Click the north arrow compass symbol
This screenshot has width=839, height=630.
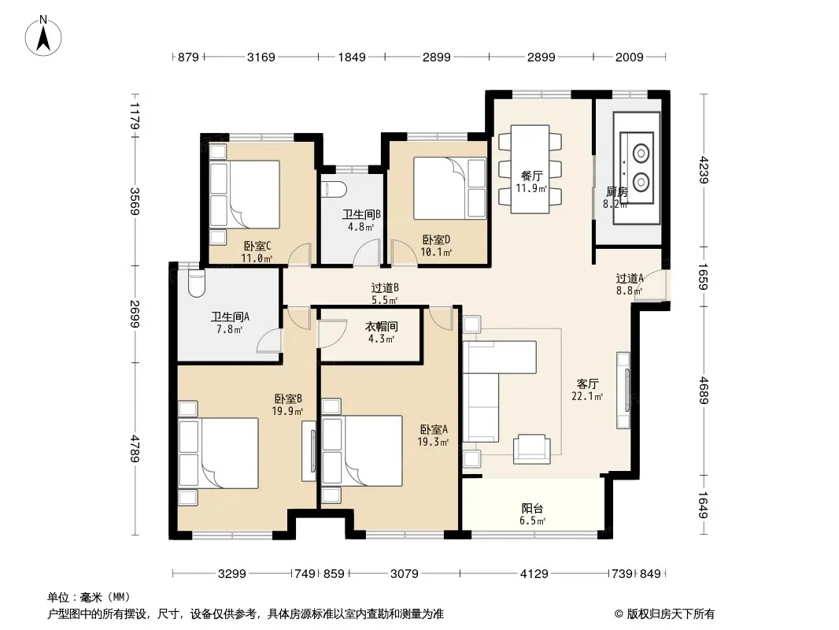43,35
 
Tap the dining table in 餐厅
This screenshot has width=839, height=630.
530,169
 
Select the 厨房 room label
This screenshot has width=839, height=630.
616,191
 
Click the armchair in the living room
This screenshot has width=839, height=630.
531,449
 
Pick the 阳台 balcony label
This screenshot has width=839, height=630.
532,509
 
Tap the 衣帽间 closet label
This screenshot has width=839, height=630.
382,327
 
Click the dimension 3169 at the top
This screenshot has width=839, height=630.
261,57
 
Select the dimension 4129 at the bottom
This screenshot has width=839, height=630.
534,574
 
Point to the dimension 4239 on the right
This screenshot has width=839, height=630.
703,169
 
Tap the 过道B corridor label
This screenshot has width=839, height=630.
385,288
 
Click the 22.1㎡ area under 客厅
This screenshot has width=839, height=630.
587,397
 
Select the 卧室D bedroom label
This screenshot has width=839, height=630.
436,240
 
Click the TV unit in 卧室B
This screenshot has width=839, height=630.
309,450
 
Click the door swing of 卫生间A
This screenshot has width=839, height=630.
269,340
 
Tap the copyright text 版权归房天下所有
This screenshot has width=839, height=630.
670,614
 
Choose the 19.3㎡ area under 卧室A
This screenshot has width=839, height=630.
433,442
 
